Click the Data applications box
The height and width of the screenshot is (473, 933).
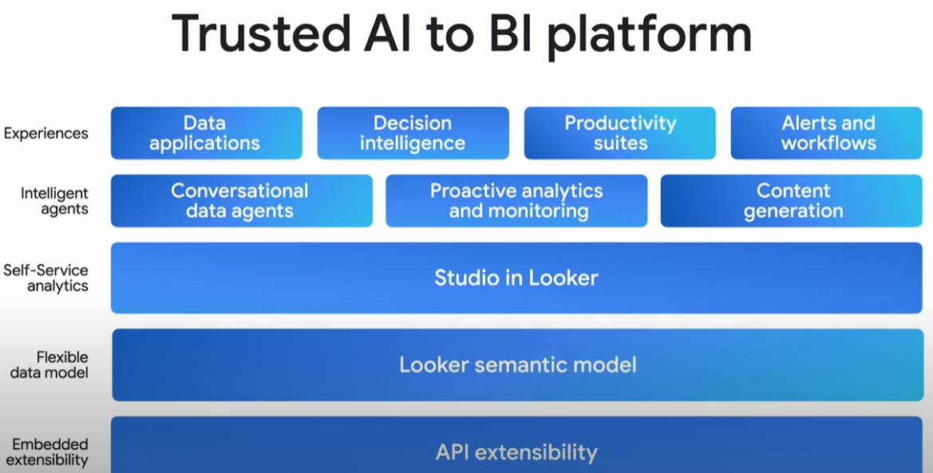[207, 132]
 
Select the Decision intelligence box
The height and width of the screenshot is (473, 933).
[413, 132]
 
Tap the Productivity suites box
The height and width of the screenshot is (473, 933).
[620, 132]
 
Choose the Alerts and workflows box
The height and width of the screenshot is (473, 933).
[827, 132]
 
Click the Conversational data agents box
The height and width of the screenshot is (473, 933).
[242, 200]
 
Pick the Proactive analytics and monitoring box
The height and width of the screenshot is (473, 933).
[516, 200]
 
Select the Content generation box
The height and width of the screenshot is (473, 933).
[792, 200]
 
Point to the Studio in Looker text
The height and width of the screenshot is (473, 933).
[516, 278]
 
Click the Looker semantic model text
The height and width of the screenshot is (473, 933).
[518, 365]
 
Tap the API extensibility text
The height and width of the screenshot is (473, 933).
[516, 452]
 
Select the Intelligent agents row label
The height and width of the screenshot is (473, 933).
[54, 201]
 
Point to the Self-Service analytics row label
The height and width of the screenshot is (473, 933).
[45, 278]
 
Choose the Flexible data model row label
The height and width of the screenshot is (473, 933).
[49, 365]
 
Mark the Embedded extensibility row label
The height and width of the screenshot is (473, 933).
[48, 452]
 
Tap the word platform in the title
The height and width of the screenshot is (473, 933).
[649, 36]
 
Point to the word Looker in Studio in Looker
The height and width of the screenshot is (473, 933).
[563, 278]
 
